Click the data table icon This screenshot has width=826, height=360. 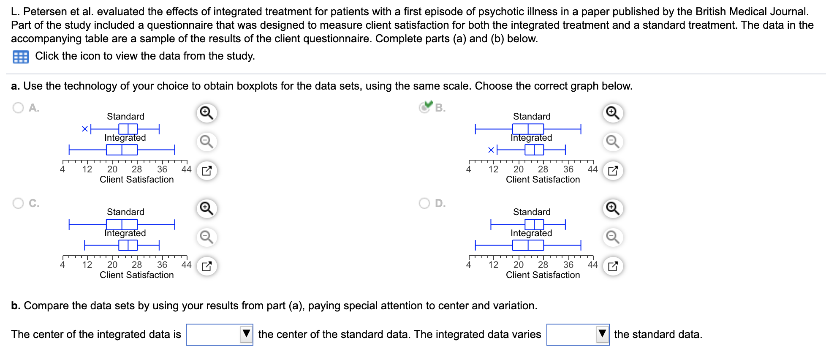tap(21, 57)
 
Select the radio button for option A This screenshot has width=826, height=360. tap(18, 108)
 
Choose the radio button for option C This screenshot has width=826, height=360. tap(18, 203)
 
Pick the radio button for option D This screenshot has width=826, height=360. tap(424, 203)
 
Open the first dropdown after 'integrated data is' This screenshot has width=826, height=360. tap(219, 334)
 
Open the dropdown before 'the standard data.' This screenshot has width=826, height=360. tap(577, 334)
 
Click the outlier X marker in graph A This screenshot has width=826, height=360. tap(85, 129)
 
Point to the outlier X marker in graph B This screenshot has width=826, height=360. tap(491, 150)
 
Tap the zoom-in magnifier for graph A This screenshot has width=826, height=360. tap(206, 113)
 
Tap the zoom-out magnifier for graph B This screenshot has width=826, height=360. tap(613, 142)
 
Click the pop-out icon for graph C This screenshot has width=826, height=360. tap(206, 266)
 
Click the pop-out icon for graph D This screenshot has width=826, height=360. tap(613, 266)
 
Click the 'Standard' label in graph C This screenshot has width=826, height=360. tap(125, 212)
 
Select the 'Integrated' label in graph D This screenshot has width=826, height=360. tap(531, 233)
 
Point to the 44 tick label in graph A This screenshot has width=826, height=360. tap(186, 169)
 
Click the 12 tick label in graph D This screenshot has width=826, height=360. tap(493, 265)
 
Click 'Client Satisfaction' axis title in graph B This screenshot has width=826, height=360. tap(543, 180)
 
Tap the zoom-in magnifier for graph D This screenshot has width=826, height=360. tap(613, 208)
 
